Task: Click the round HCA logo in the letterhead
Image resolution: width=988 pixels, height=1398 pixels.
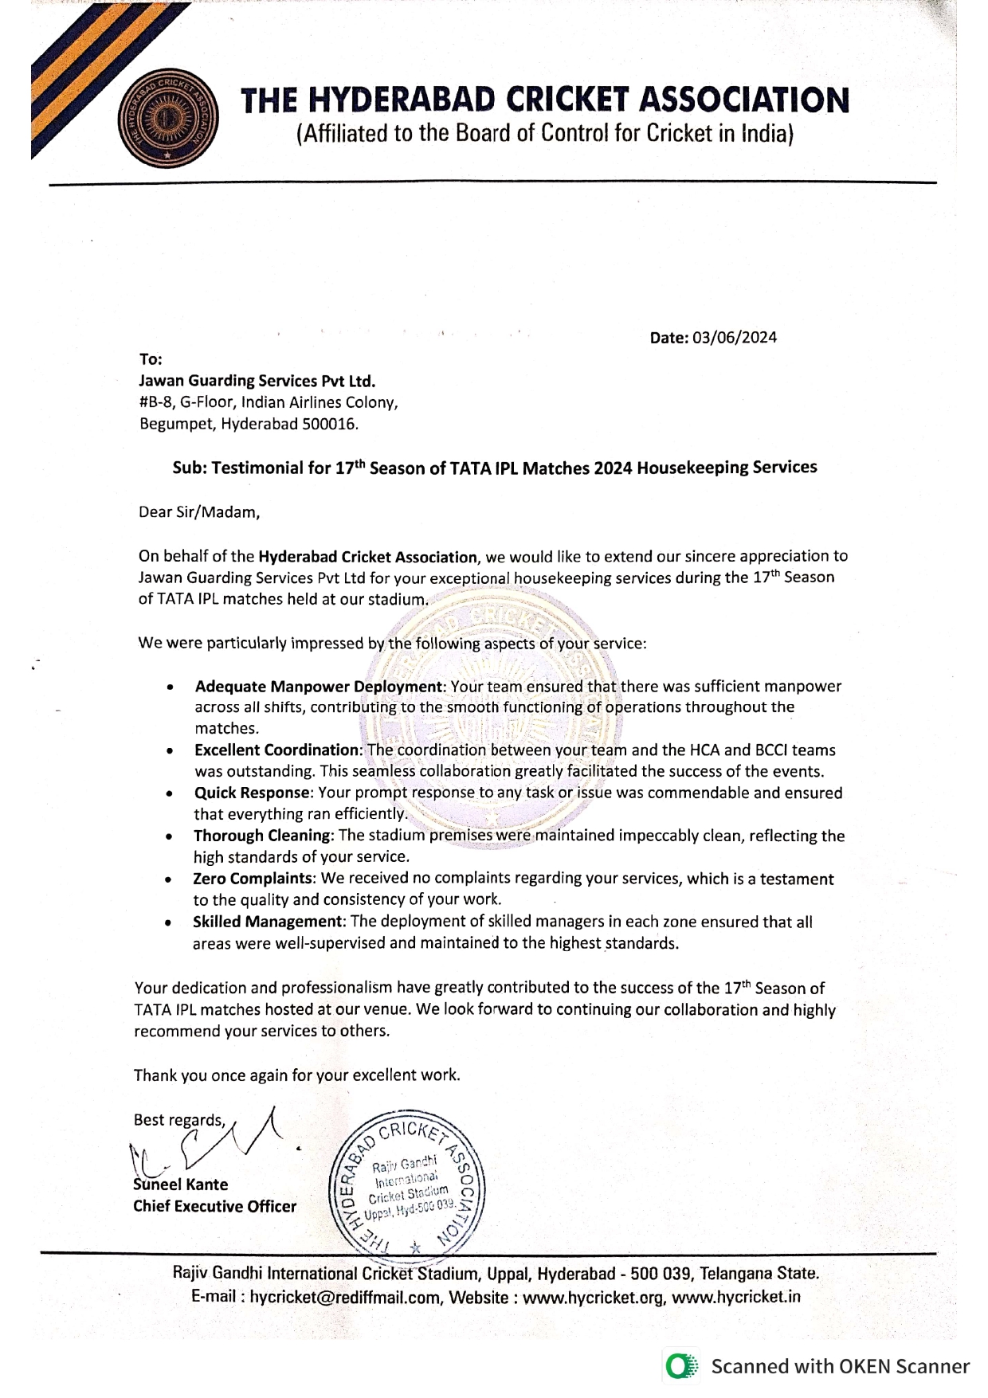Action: [x=167, y=119]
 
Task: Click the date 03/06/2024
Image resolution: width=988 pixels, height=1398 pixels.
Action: [x=734, y=338]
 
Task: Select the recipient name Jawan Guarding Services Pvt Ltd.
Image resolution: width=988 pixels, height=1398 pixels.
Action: [x=257, y=381]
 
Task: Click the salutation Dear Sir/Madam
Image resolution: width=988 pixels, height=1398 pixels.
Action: [x=199, y=512]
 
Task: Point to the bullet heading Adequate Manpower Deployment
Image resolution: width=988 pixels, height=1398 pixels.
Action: [x=319, y=687]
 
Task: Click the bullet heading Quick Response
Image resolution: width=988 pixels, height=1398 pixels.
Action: [x=252, y=793]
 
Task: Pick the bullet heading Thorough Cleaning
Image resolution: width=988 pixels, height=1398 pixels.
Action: [x=262, y=836]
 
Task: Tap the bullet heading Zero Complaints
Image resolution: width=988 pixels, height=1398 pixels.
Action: [x=253, y=879]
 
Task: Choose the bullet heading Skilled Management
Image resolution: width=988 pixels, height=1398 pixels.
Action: [x=268, y=922]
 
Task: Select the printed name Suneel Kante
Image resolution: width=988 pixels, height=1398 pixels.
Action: [x=181, y=1185]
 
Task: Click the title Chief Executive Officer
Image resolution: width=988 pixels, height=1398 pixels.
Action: [x=214, y=1206]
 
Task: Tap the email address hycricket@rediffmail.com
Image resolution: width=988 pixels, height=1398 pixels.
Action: [x=344, y=1297]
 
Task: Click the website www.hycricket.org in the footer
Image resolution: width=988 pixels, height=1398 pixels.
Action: [x=594, y=1297]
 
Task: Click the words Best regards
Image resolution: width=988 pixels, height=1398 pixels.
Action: [x=179, y=1120]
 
